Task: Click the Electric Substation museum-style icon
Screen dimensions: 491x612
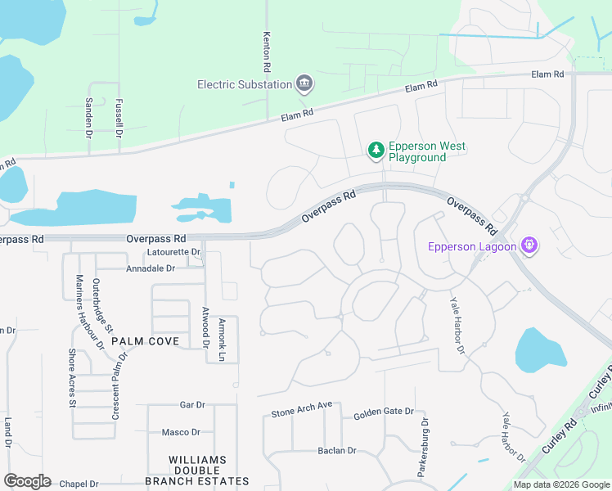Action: click(304, 83)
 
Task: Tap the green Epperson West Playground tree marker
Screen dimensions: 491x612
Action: click(376, 151)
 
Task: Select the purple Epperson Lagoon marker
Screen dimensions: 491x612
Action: click(529, 245)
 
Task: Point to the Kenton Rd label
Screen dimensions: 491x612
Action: click(267, 51)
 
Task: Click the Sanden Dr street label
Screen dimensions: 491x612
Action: click(89, 116)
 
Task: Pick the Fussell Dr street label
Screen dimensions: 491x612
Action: click(119, 117)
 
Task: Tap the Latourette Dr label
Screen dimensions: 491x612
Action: click(173, 252)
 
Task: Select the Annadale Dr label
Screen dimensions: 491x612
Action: click(151, 268)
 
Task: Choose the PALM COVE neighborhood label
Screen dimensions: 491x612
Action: click(146, 340)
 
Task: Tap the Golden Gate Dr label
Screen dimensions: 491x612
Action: click(380, 416)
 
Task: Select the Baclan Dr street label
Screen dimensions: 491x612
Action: click(337, 451)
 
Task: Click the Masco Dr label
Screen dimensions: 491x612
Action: click(180, 432)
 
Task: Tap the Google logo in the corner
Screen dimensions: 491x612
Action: click(26, 481)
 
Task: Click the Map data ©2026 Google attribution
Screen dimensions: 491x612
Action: click(560, 484)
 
